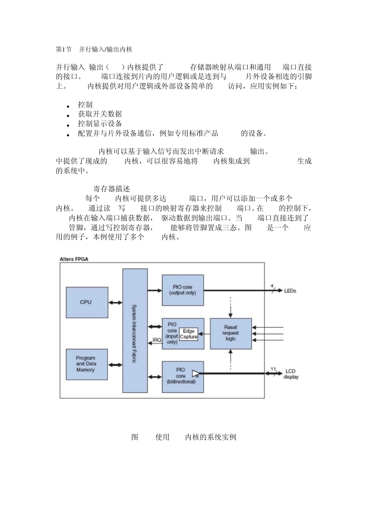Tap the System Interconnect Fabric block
[135, 331]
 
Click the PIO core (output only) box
[182, 290]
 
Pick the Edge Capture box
[189, 334]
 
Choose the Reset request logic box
[231, 333]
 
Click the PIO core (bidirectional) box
[181, 377]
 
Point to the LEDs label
[290, 291]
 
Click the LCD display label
[291, 374]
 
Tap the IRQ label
[157, 340]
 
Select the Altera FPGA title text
[74, 259]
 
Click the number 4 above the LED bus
[272, 286]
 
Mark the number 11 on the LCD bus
[273, 369]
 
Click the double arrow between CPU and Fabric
[115, 302]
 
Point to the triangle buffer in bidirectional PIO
[195, 373]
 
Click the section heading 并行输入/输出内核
[105, 49]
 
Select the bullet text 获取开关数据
[100, 114]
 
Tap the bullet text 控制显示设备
[100, 124]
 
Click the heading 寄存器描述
[112, 189]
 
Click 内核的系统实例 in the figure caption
[211, 437]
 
